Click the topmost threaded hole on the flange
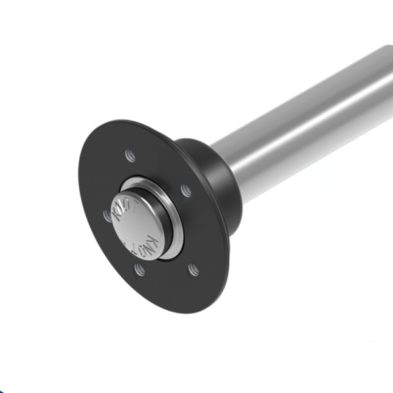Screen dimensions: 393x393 coord(130,156)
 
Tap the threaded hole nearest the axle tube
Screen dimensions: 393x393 coord(186,191)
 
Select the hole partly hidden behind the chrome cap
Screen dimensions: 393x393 coord(107,215)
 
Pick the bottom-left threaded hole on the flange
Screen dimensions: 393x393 coord(139,269)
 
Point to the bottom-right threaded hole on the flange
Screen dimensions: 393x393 coord(193,269)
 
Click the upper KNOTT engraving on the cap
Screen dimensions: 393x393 coord(125,208)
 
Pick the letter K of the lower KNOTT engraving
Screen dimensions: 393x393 coord(152,237)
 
